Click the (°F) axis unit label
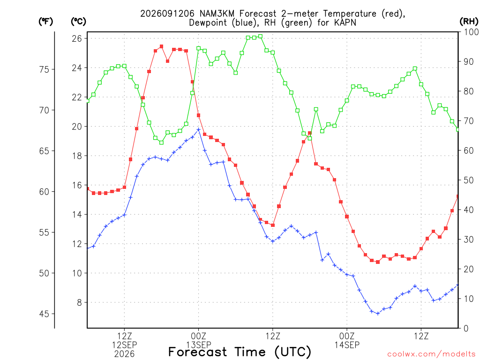(x=45, y=22)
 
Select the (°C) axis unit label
(x=78, y=22)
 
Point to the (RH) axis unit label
(x=469, y=22)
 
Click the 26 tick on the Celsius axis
(x=77, y=38)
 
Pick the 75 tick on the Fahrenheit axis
(x=44, y=69)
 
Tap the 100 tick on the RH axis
(x=471, y=32)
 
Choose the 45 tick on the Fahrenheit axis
(x=44, y=314)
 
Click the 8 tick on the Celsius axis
(x=79, y=302)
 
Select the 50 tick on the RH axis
(x=469, y=180)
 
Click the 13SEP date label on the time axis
(x=199, y=345)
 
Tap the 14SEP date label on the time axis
(x=347, y=345)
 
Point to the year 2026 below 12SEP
(x=124, y=354)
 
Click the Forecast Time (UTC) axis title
(x=240, y=352)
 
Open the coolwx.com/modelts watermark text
(x=431, y=354)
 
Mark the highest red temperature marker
(x=161, y=46)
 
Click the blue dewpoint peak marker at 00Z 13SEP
(x=198, y=129)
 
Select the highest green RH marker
(x=261, y=37)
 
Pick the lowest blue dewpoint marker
(x=378, y=314)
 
